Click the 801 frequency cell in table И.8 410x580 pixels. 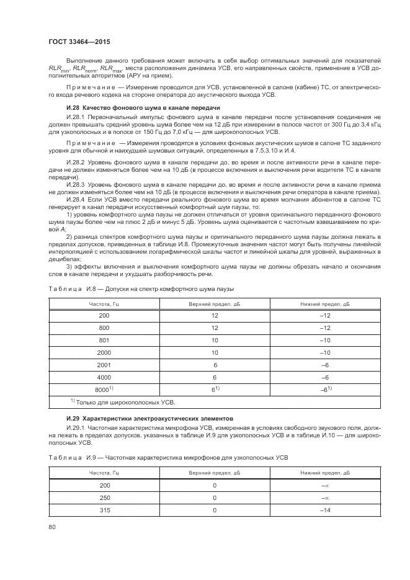coord(104,340)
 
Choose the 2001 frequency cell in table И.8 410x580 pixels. coord(104,364)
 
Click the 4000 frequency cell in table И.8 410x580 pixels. coord(104,377)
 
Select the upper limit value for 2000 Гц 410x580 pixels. coord(214,352)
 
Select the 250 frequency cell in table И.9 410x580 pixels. coord(104,497)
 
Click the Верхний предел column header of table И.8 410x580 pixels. coord(214,304)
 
